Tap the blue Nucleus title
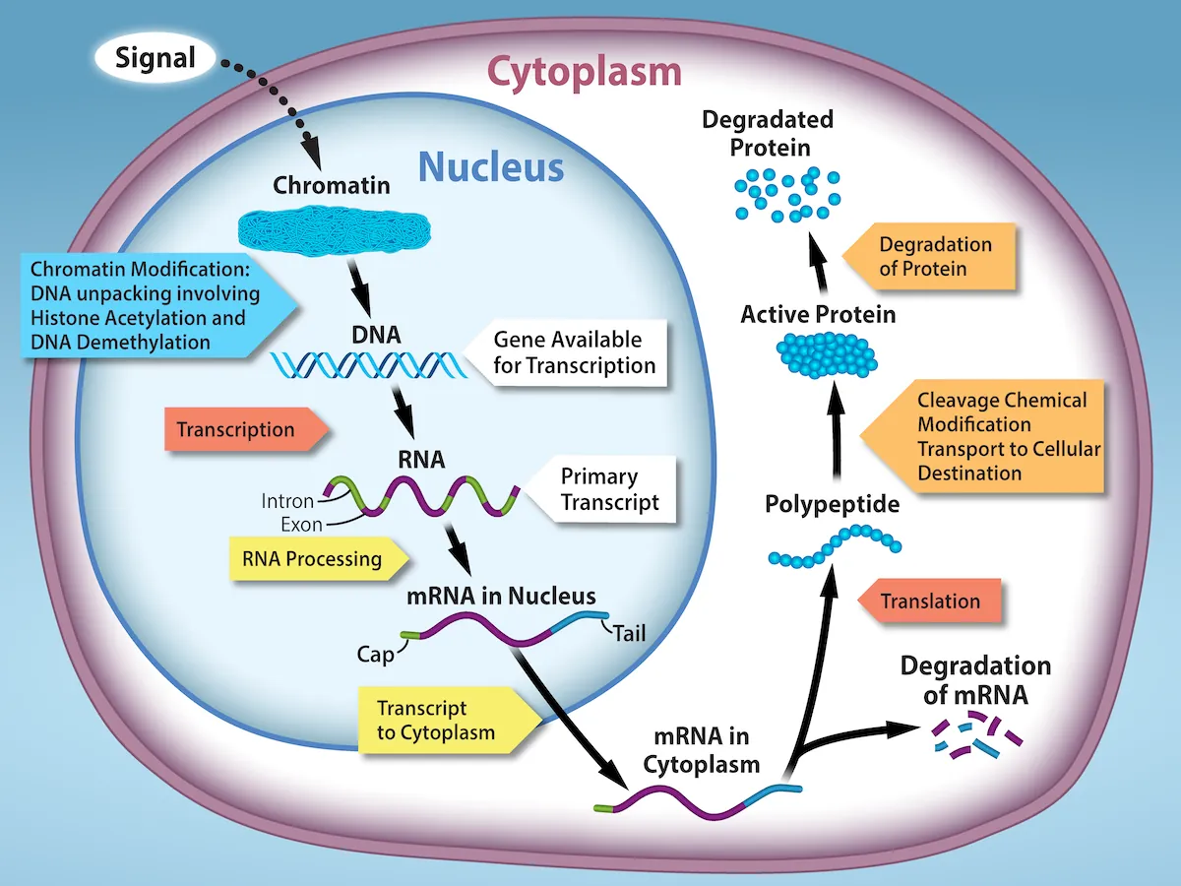tap(491, 167)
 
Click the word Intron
tap(287, 501)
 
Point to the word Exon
tap(301, 525)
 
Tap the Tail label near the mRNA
tap(629, 632)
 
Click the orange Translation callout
tap(928, 601)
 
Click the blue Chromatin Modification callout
tap(148, 305)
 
